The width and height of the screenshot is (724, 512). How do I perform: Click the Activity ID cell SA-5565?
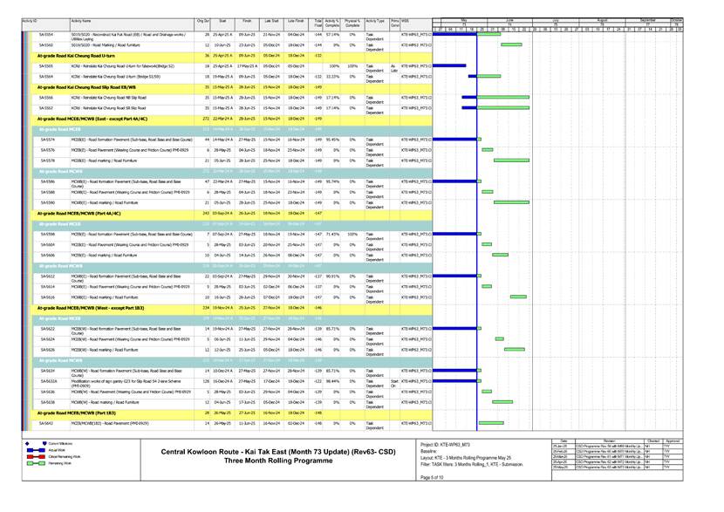click(46, 65)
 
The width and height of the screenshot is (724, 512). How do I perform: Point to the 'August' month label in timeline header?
click(602, 17)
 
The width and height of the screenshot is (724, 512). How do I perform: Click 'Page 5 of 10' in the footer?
click(435, 477)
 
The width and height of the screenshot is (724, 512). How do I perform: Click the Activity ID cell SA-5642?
click(46, 423)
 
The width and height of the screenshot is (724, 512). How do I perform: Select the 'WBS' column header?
click(406, 19)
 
